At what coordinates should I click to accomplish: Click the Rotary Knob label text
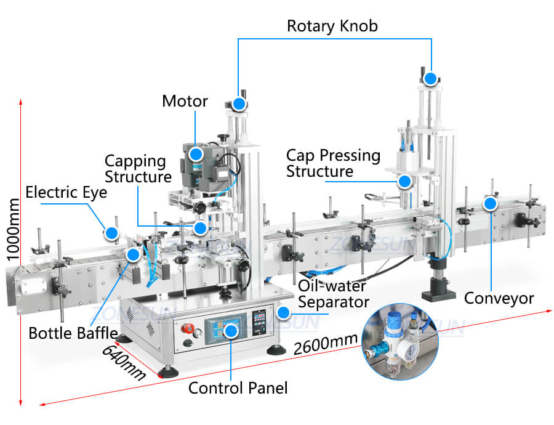pos(332,26)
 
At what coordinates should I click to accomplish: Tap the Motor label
pos(185,100)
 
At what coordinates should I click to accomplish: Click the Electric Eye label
pos(66,192)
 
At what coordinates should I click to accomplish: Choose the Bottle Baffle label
pos(73,333)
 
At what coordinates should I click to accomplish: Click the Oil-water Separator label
pos(333,294)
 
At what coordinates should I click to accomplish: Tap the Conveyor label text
pos(499,299)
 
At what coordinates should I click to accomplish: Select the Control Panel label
pos(238,387)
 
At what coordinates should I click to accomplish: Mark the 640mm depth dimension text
pos(123,362)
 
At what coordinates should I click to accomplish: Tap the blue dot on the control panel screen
pos(231,331)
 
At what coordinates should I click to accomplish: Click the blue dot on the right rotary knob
pos(430,79)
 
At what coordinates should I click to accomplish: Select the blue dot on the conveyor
pos(490,203)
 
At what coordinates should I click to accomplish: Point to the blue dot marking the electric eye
pos(111,233)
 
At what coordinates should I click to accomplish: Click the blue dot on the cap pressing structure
pos(404,181)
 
